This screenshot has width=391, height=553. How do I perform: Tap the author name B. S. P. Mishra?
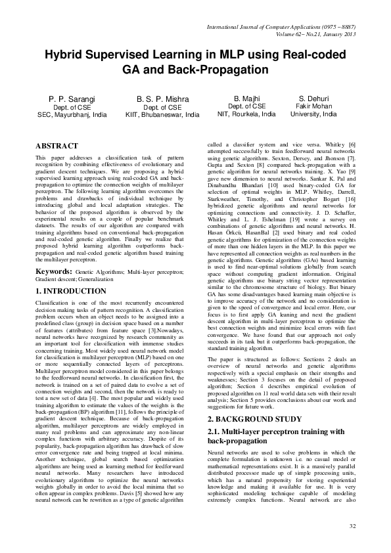point(162,99)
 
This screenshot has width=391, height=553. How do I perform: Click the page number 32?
point(352,526)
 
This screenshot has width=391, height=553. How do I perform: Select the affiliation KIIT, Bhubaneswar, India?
point(162,114)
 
